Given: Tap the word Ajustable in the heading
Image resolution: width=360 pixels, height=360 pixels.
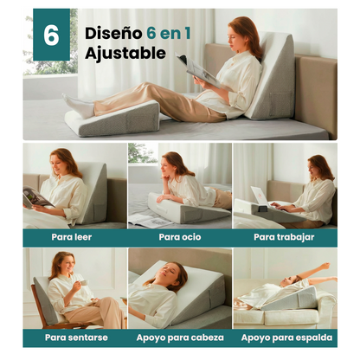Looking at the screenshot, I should [x=125, y=54].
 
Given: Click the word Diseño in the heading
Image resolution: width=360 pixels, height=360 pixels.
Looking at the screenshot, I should [x=113, y=33].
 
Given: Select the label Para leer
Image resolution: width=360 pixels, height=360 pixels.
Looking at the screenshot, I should [x=73, y=236].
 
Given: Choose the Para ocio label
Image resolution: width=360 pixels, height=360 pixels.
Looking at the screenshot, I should [x=179, y=236].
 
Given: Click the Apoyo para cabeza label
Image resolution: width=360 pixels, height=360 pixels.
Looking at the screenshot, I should [x=179, y=337].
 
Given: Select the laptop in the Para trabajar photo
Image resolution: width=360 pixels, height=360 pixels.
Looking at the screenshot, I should [x=260, y=198].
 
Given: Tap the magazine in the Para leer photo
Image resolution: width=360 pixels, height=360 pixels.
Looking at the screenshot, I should [x=36, y=198].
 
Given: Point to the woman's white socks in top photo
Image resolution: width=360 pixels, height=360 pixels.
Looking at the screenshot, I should [x=79, y=106].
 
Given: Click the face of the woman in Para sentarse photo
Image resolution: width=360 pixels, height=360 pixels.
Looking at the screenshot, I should [x=60, y=262].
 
